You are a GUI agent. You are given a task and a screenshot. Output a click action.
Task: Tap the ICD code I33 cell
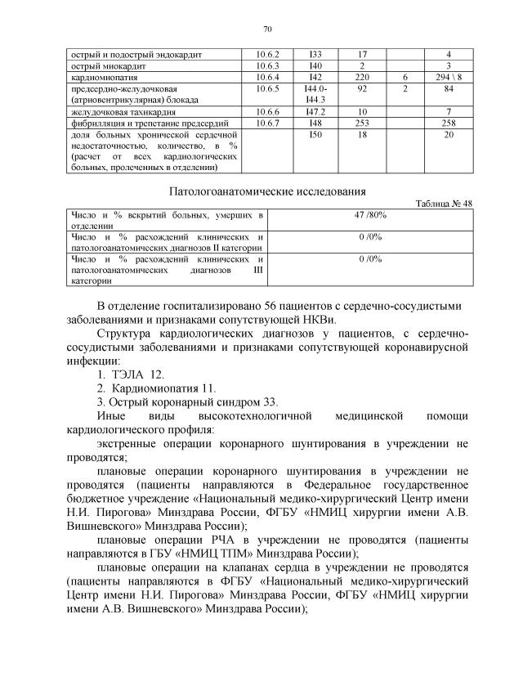pyautogui.click(x=315, y=54)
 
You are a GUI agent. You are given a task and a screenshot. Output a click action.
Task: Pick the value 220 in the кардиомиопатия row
pyautogui.click(x=362, y=76)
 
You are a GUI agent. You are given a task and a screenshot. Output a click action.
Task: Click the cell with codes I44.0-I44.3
pyautogui.click(x=315, y=93)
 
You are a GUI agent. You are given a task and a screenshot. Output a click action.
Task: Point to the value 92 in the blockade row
pyautogui.click(x=362, y=87)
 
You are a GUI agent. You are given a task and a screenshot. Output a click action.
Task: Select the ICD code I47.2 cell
pyautogui.click(x=315, y=110)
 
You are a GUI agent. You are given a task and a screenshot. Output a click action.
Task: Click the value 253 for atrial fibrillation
pyautogui.click(x=362, y=122)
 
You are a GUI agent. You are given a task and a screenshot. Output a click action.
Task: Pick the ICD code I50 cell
pyautogui.click(x=315, y=133)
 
